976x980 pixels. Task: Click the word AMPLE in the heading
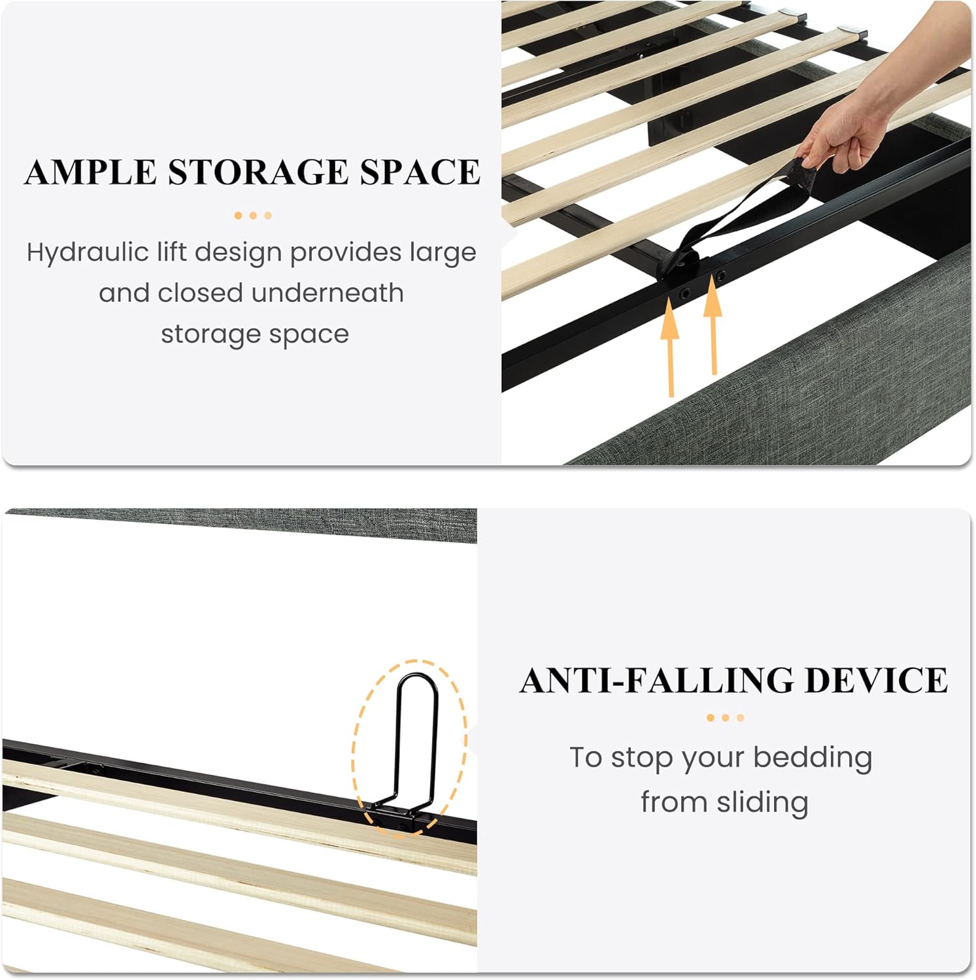90,172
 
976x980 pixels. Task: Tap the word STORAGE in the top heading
258,172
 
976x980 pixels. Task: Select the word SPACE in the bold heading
420,172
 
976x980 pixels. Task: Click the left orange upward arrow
669,346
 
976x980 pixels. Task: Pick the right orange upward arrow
713,326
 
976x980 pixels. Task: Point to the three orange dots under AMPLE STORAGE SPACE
253,216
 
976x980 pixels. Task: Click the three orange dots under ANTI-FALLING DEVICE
726,718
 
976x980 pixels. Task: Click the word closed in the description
200,293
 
